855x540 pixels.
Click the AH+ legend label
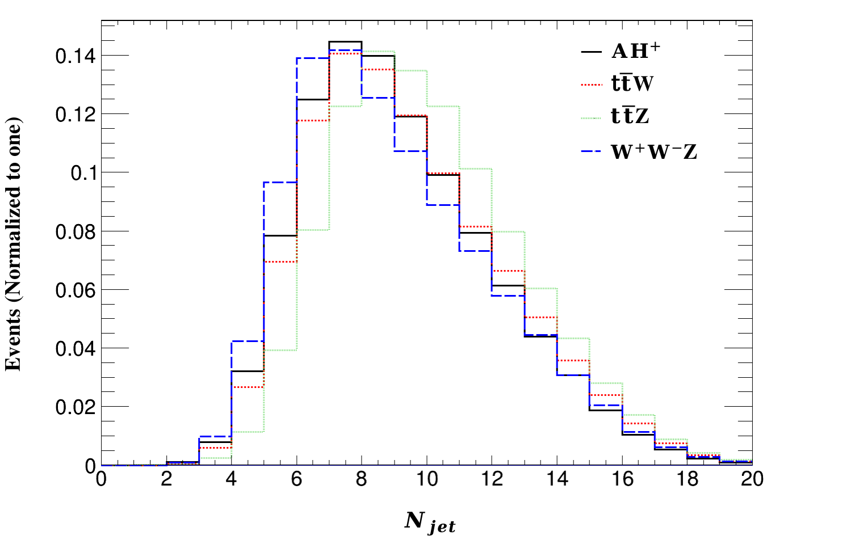click(x=635, y=52)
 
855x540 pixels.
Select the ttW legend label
click(x=632, y=84)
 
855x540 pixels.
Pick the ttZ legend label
click(x=630, y=117)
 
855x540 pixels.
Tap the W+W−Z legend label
click(x=653, y=151)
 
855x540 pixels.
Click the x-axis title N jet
click(x=430, y=522)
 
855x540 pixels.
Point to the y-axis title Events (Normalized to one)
click(x=14, y=244)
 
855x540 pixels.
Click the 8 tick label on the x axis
click(x=362, y=480)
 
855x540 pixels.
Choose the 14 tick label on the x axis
click(x=557, y=480)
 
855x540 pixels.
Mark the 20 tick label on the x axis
click(x=752, y=480)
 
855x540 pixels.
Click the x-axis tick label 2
click(x=166, y=480)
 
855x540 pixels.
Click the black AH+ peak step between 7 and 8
click(x=345, y=42)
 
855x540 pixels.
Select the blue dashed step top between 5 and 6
click(x=280, y=182)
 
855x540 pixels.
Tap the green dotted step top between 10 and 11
click(x=443, y=106)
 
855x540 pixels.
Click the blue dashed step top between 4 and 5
click(x=248, y=341)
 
